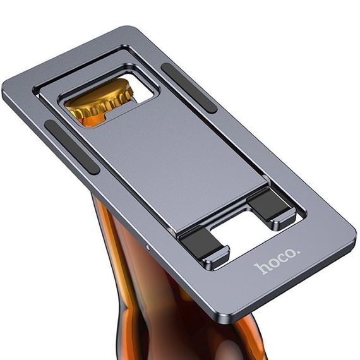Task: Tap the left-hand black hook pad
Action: tap(201, 244)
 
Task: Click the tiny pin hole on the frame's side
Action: tap(147, 248)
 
